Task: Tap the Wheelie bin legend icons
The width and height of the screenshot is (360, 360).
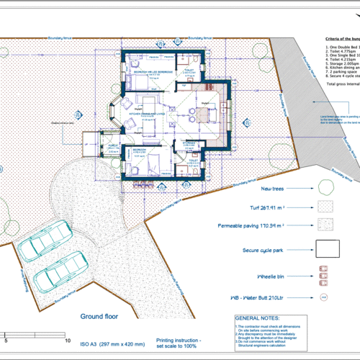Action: point(325,274)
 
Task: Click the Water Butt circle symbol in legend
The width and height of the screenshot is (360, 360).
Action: point(325,297)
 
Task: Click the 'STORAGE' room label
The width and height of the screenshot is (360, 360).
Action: point(190,143)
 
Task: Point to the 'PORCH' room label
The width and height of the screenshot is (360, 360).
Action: point(112,144)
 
